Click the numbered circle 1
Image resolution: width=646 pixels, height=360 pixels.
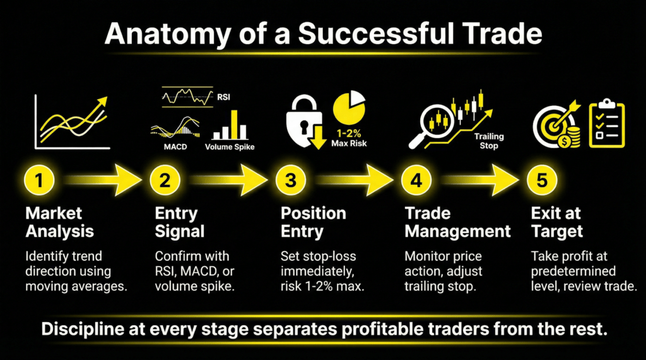(39, 180)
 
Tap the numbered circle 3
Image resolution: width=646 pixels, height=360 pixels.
(290, 180)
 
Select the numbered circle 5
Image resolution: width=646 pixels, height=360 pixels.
(542, 180)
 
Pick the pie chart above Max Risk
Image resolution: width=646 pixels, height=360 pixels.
(349, 108)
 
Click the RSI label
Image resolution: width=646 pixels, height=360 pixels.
(223, 97)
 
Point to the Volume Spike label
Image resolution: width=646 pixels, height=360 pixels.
(231, 148)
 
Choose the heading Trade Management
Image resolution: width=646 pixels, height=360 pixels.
(457, 221)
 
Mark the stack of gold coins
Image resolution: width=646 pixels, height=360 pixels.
(572, 137)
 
